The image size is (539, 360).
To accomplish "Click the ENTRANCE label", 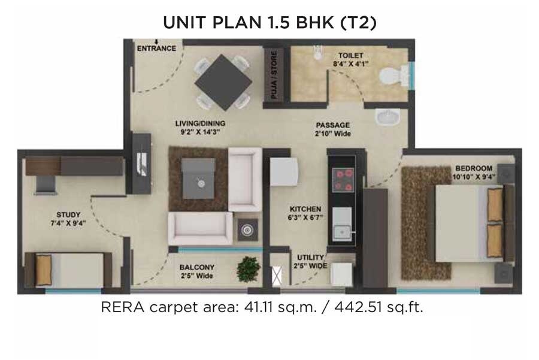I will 157,48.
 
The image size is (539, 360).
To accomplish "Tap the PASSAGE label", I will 334,125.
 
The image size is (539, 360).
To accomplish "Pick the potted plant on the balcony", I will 249,267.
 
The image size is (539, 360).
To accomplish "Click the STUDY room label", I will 68,214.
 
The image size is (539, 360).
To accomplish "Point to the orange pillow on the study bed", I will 44,269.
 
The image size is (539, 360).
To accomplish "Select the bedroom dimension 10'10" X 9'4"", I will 473,177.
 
